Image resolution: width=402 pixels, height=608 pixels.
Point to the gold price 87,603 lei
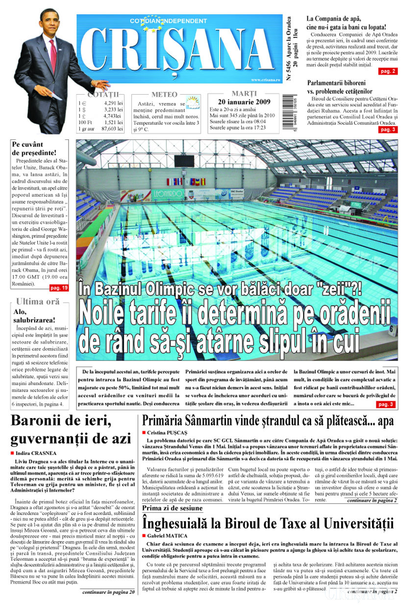[112, 129]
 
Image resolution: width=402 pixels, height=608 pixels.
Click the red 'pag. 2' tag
[388, 71]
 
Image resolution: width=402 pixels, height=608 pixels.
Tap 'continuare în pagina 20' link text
[108, 592]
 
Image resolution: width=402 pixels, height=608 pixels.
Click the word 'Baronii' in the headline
[36, 421]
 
